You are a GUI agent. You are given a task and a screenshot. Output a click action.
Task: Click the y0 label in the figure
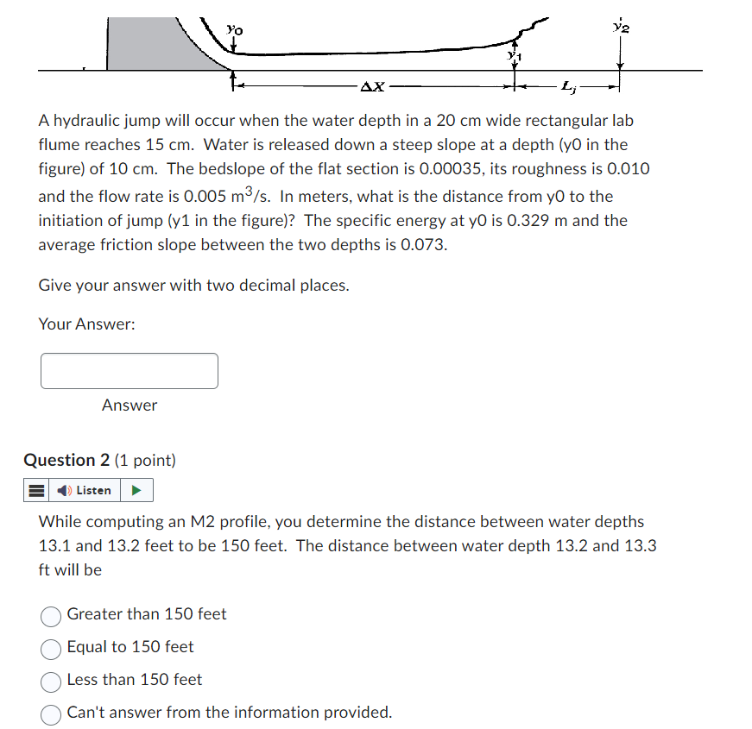(234, 30)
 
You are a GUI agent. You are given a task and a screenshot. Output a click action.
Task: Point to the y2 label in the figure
(619, 26)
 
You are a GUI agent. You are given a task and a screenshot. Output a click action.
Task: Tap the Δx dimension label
(374, 86)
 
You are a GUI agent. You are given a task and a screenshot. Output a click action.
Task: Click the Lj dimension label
(567, 85)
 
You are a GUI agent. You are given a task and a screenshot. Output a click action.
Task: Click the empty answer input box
(129, 371)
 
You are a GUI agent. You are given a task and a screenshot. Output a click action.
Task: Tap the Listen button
(85, 490)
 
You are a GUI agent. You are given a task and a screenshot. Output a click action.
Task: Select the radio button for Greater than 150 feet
(51, 615)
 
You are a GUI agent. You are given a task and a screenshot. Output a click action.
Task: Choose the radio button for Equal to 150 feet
(51, 648)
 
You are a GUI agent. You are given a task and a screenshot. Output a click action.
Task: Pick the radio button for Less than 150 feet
(51, 681)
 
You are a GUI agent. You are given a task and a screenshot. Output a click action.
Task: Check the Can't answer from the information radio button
(51, 713)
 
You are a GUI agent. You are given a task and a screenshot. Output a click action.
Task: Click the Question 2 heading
(99, 460)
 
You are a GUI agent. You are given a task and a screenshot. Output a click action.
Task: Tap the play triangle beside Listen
(136, 490)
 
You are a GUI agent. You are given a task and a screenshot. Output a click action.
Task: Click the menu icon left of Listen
(35, 490)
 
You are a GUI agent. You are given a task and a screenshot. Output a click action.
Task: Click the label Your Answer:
(86, 324)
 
